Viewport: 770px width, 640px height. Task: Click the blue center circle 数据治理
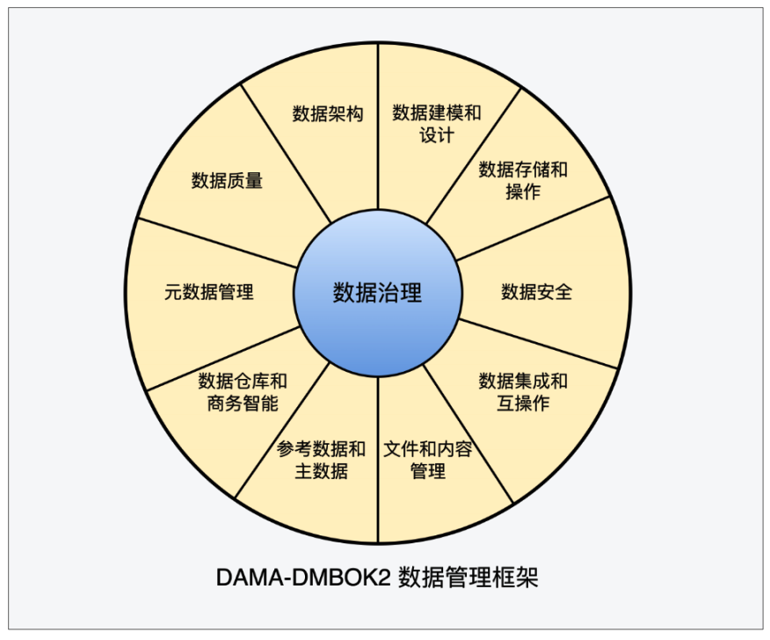377,293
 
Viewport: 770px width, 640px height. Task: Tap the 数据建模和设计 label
437,124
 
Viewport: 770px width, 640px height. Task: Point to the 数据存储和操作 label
523,180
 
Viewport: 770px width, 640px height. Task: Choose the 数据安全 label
536,292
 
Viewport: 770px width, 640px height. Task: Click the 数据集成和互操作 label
523,392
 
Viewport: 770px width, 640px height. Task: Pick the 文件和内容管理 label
428,460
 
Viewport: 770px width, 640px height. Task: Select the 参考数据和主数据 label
321,460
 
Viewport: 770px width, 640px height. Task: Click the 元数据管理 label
209,292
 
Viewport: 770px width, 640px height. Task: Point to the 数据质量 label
227,181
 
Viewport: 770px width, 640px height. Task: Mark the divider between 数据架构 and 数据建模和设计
377,123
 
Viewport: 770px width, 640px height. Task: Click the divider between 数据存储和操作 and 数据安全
536,229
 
